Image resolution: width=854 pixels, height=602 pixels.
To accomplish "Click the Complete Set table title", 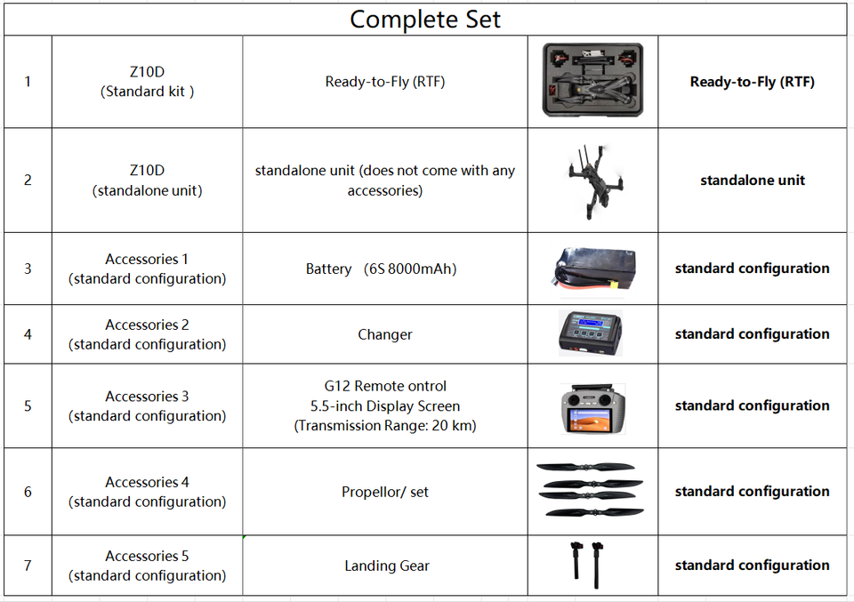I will [425, 19].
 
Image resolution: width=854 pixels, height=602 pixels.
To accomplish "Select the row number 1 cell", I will [28, 82].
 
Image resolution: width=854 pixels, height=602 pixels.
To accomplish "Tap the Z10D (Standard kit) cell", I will [147, 82].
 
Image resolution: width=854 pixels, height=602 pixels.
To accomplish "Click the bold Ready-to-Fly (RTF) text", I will [752, 82].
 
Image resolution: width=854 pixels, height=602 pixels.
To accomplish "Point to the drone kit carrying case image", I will [592, 81].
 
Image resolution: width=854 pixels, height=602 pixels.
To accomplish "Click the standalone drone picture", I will [592, 181].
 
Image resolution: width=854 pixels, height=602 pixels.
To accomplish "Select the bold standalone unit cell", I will [752, 181].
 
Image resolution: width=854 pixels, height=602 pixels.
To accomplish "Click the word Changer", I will [384, 334].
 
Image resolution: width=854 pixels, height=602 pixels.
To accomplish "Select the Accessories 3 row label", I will [147, 405].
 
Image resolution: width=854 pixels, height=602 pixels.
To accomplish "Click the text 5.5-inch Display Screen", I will [384, 406].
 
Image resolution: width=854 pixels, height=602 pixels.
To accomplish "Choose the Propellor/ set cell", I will [384, 492].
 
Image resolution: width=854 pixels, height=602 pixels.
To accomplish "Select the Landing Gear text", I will [386, 566].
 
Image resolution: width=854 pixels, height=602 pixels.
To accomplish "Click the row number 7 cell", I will [28, 566].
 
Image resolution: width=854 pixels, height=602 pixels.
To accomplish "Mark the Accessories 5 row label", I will [147, 566].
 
